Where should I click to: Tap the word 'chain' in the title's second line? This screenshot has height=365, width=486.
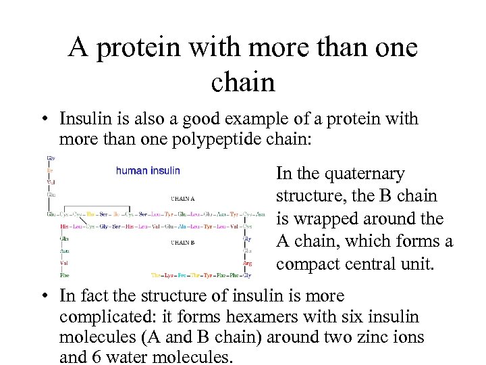click(x=242, y=82)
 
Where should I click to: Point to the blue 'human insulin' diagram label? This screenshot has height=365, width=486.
click(x=148, y=170)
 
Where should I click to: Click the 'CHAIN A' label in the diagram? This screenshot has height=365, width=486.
click(x=183, y=199)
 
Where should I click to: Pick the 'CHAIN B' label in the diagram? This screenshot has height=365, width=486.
click(x=183, y=242)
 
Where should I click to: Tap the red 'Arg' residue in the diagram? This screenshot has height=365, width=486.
click(x=248, y=263)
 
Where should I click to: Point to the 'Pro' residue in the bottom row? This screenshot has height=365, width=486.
click(x=182, y=275)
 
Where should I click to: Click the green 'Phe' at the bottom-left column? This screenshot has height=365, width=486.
click(x=64, y=275)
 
